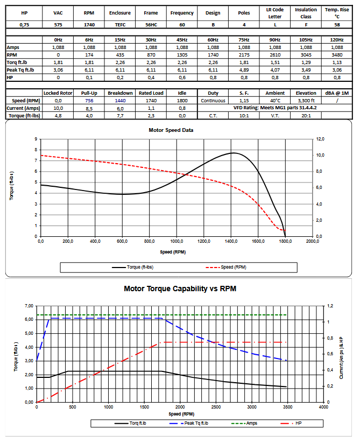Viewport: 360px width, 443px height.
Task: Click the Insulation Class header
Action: (x=306, y=12)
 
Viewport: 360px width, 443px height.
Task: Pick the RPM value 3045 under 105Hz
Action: (x=306, y=55)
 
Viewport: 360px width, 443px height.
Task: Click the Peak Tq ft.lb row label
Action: (x=20, y=70)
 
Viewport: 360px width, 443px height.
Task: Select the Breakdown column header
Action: (x=120, y=93)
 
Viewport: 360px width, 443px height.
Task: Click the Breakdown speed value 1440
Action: (x=120, y=101)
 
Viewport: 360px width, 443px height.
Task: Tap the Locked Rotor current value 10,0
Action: (x=58, y=108)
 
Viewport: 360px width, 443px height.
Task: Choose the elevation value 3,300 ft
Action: (x=306, y=101)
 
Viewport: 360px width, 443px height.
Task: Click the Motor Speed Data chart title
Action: (x=171, y=130)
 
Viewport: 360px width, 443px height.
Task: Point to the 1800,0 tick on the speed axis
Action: (x=285, y=242)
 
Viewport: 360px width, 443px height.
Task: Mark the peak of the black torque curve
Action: (x=232, y=153)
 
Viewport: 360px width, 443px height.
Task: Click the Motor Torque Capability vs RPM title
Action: (x=180, y=289)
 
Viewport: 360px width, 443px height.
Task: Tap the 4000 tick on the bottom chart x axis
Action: (x=323, y=407)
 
